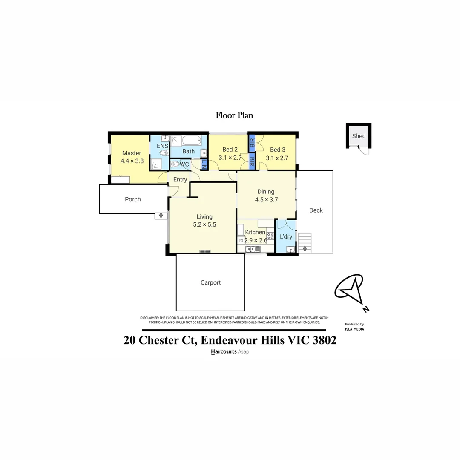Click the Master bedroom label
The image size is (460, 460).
(x=131, y=153)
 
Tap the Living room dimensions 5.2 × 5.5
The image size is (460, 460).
(x=204, y=224)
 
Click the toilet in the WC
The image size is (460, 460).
(x=175, y=164)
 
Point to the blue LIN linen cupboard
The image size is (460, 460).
(x=204, y=164)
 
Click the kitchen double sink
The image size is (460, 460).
(x=250, y=249)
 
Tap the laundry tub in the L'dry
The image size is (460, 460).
(x=290, y=249)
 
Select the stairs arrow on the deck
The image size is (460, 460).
(x=305, y=248)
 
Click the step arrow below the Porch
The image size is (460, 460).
(x=161, y=215)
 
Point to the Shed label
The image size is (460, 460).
(x=359, y=136)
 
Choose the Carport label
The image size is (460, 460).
(x=210, y=282)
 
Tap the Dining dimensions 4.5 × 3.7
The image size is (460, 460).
(x=266, y=199)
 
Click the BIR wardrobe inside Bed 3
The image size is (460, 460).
(x=252, y=141)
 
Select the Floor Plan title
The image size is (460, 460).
(x=234, y=115)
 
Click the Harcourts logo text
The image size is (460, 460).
(x=224, y=352)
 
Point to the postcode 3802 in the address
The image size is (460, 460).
(x=322, y=340)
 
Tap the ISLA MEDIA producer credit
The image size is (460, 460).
(x=354, y=329)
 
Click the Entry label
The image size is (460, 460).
(x=180, y=180)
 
